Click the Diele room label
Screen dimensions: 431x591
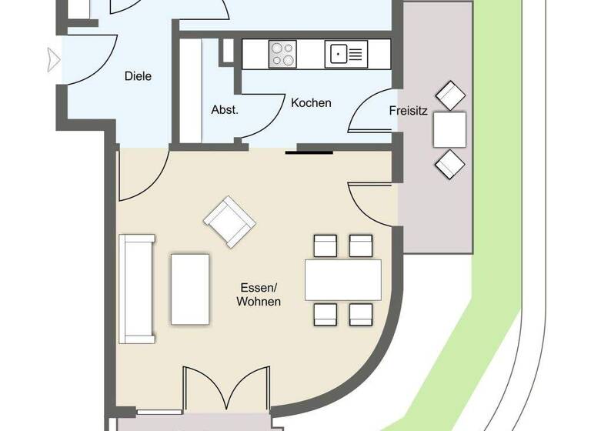click(138, 76)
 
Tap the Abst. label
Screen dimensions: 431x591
click(225, 109)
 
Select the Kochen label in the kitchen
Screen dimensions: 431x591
click(311, 102)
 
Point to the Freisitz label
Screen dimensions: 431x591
click(408, 110)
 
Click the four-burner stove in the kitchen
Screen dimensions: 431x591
click(282, 53)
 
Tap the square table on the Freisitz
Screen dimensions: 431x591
click(449, 129)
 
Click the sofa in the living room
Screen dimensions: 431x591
click(137, 289)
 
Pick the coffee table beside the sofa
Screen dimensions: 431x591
click(190, 289)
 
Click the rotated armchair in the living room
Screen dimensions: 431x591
click(229, 221)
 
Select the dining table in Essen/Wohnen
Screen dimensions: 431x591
click(342, 279)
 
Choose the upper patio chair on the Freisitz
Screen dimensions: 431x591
click(450, 96)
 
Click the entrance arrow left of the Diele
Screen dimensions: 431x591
click(53, 59)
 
